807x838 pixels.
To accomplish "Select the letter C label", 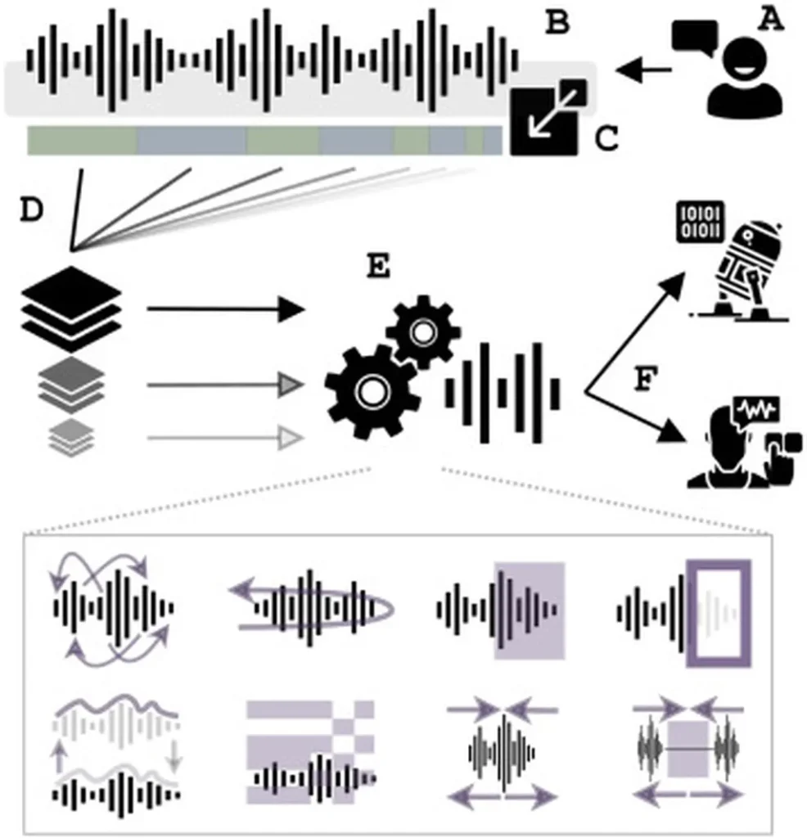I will pyautogui.click(x=606, y=140).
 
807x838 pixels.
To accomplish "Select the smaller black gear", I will pyautogui.click(x=422, y=331).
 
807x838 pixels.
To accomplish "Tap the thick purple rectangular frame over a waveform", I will pyautogui.click(x=718, y=614).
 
